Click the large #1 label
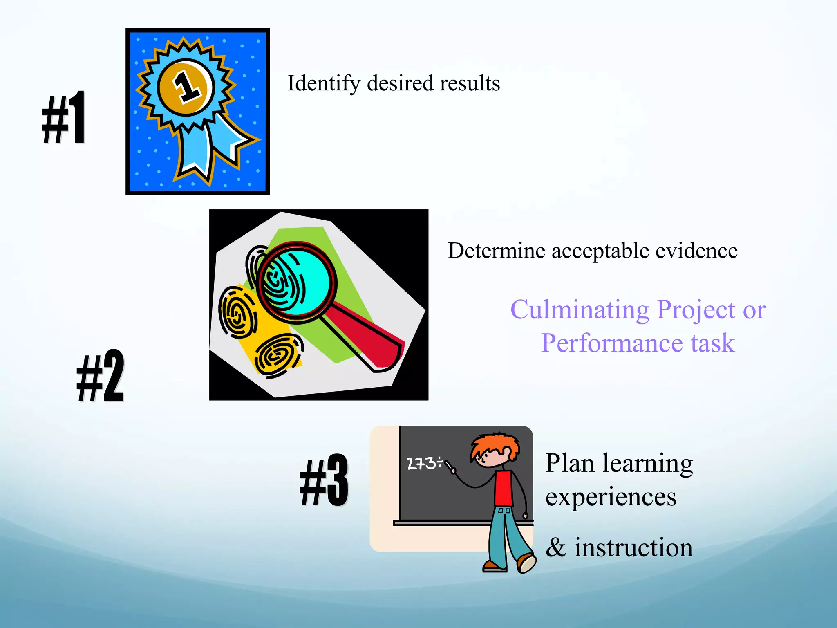[64, 118]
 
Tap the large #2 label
[100, 376]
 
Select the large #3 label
[324, 480]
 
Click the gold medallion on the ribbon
[186, 86]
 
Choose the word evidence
[696, 251]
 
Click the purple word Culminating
[580, 310]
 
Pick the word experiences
[611, 498]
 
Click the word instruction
[633, 547]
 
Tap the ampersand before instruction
[556, 547]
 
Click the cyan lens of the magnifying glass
[296, 282]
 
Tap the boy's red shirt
[504, 489]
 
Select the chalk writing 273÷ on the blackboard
[424, 463]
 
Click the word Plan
[570, 464]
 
